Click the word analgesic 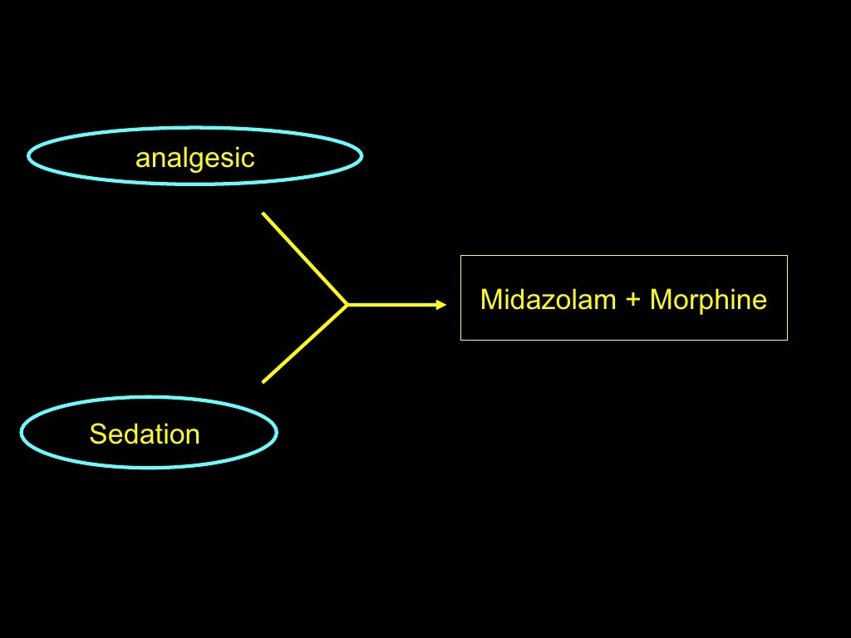(194, 158)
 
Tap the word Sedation (145, 434)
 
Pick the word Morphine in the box (708, 299)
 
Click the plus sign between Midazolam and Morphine (633, 300)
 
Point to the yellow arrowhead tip (446, 305)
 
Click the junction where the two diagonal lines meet (347, 305)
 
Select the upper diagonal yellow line (304, 258)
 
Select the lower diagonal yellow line (304, 344)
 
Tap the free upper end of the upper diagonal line (263, 213)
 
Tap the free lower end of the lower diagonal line (263, 382)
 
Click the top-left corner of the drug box (461, 256)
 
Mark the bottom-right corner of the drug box (787, 340)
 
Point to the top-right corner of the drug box (787, 256)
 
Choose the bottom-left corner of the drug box (461, 340)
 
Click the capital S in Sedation (97, 434)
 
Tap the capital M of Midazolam (489, 299)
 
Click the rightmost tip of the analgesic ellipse (362, 156)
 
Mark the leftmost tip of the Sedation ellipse (21, 432)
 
